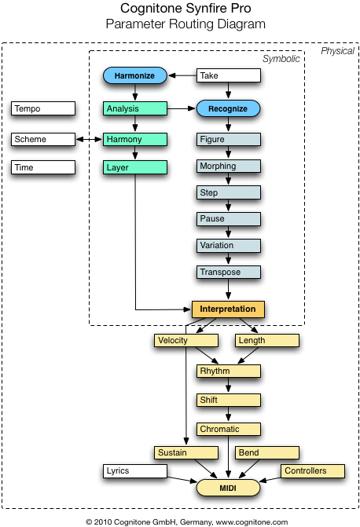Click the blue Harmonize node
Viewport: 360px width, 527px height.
tap(135, 75)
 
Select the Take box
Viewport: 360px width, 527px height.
tap(229, 75)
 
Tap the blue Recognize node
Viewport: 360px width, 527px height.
tap(228, 108)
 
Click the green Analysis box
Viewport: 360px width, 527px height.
tap(135, 108)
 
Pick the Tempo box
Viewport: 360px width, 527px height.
tap(43, 108)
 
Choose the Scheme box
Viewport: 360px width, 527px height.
tap(43, 139)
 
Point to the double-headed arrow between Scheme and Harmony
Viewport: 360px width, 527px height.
tap(89, 139)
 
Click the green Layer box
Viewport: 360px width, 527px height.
tap(135, 167)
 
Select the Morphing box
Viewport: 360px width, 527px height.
tap(229, 166)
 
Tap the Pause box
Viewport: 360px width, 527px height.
tap(229, 219)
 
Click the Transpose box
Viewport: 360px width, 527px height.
tap(229, 272)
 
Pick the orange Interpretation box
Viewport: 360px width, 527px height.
tap(228, 309)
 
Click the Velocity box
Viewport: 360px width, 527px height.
tap(186, 340)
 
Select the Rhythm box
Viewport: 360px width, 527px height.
tap(229, 371)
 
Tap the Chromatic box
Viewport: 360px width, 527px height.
tap(229, 429)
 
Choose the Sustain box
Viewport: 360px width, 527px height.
tap(186, 452)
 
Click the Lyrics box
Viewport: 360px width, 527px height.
tap(135, 471)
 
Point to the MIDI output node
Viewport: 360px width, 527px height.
tap(228, 488)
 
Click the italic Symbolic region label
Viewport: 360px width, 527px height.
tap(281, 59)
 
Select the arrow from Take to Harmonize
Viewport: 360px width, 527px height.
tap(182, 75)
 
